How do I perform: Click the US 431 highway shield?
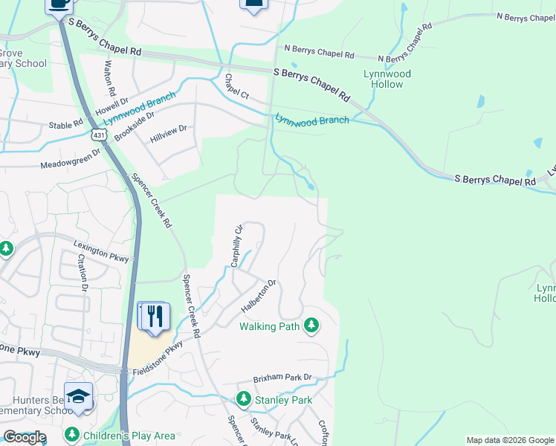pos(99,134)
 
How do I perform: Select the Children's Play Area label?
pos(129,435)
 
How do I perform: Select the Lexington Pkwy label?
pos(101,251)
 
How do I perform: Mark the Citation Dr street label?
pos(83,272)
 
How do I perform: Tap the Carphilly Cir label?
pos(236,246)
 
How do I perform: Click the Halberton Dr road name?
pos(259,296)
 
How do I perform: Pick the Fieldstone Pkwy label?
pos(155,358)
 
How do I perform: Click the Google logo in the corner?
pos(25,437)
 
